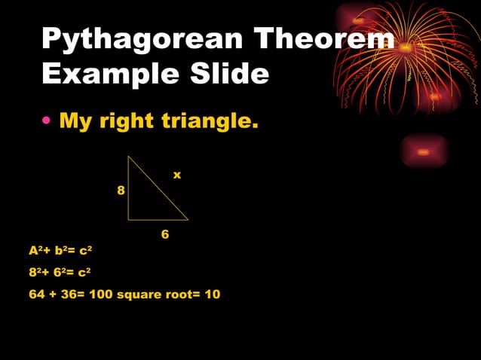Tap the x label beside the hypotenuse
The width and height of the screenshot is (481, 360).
(177, 175)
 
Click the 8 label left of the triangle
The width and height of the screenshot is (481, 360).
(121, 191)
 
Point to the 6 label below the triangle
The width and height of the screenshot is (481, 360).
(165, 235)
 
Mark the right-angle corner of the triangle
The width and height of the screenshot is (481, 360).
(129, 219)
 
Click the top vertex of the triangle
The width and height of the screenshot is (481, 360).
(129, 157)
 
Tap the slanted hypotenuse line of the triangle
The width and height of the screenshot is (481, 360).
(158, 188)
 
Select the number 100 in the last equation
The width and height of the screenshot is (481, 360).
(100, 294)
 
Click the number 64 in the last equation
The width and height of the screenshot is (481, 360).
(37, 294)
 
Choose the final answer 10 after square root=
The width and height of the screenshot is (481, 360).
(213, 294)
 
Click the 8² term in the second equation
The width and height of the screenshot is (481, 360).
(35, 272)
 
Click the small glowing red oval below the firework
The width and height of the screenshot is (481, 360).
(424, 152)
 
